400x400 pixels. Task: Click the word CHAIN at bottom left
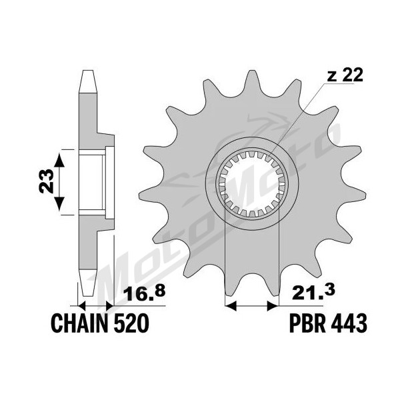coord(79,323)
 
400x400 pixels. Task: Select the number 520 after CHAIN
coord(131,323)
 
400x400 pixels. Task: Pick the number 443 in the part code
coord(349,323)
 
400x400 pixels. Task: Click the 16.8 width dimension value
coord(144,293)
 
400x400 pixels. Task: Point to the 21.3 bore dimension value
coord(313,293)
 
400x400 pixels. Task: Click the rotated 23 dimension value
coord(46,181)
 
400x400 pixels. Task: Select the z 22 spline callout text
coord(345,75)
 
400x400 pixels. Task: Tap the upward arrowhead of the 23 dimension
coord(59,160)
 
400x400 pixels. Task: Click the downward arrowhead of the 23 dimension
coord(59,203)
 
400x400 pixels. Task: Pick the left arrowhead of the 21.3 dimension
coord(231,305)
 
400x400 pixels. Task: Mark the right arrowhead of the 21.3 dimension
coord(272,305)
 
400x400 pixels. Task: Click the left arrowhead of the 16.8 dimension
coord(81,305)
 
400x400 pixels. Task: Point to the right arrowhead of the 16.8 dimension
coord(110,305)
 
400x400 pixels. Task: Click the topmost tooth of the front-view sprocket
coord(252,81)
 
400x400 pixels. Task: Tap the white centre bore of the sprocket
coord(252,183)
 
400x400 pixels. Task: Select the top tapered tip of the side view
coord(88,81)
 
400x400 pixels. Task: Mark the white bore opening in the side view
coord(92,183)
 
